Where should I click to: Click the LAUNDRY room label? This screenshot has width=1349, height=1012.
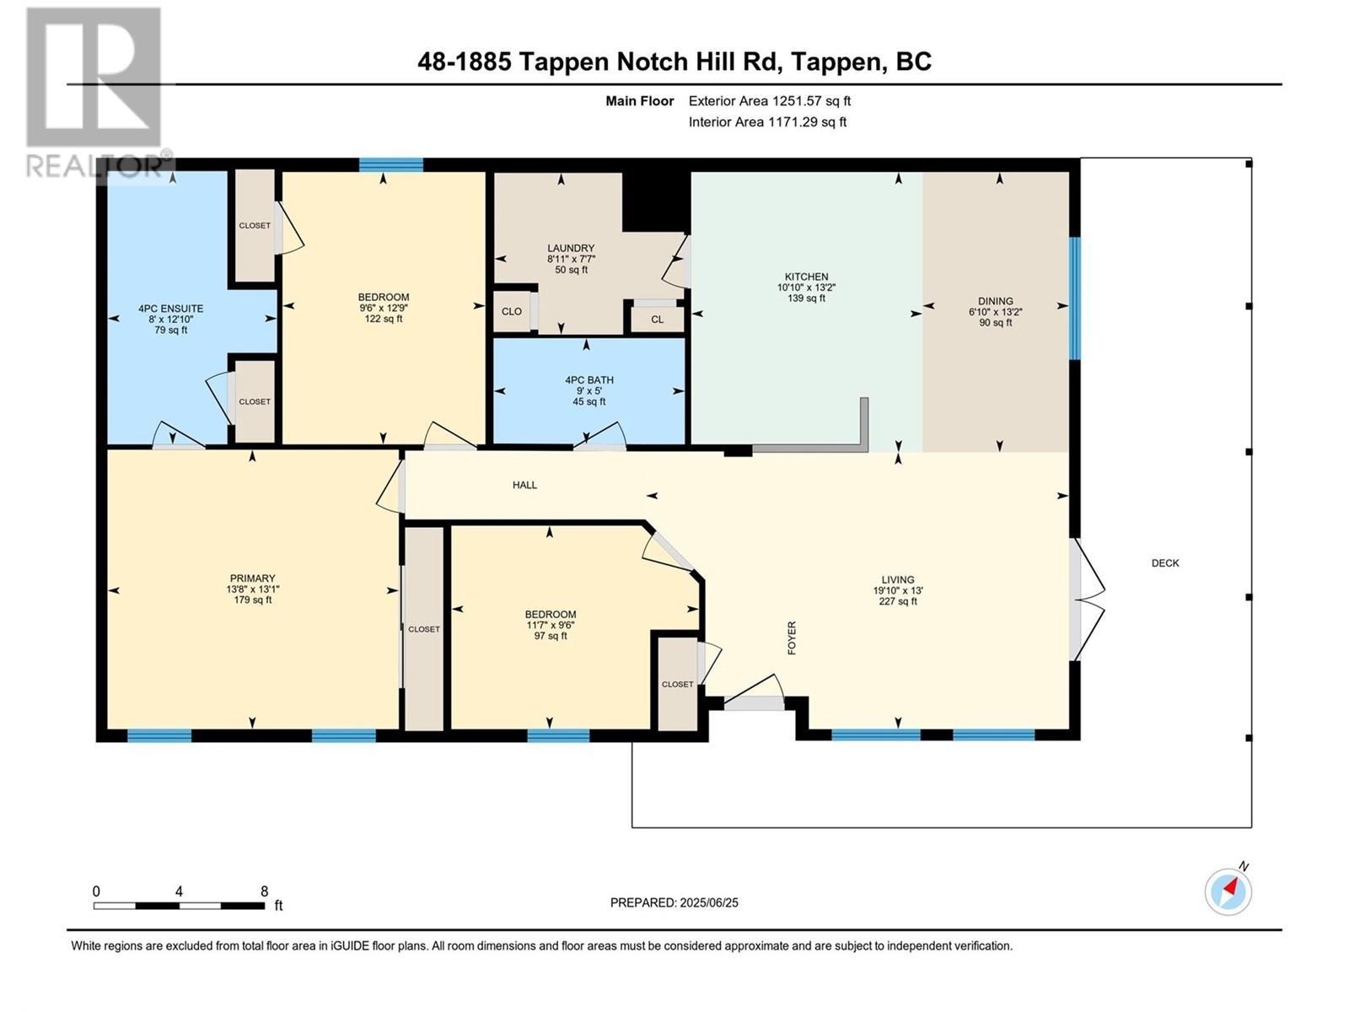click(571, 248)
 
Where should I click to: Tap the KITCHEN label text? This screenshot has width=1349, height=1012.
click(806, 277)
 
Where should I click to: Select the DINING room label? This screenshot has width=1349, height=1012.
click(995, 301)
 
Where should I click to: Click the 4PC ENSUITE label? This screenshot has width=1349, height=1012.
click(170, 309)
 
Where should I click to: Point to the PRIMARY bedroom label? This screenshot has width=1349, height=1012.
click(252, 579)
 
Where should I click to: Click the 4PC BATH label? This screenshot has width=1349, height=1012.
click(589, 380)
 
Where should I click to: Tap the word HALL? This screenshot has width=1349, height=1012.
click(524, 485)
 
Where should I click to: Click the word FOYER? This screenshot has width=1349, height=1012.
click(792, 638)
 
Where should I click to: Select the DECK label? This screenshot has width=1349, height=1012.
click(1165, 563)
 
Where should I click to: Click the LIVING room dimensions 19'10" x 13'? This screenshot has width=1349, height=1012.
click(898, 590)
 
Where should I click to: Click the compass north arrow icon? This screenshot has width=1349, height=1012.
click(1228, 891)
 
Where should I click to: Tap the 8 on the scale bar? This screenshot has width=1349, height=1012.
click(264, 891)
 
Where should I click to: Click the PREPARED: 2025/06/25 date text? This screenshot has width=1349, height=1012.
click(674, 902)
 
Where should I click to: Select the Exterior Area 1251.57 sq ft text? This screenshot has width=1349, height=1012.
click(769, 100)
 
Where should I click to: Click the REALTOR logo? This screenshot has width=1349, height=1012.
click(94, 93)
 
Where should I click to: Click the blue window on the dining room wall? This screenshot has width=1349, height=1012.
click(1074, 299)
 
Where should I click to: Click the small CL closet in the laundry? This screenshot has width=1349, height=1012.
click(657, 319)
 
